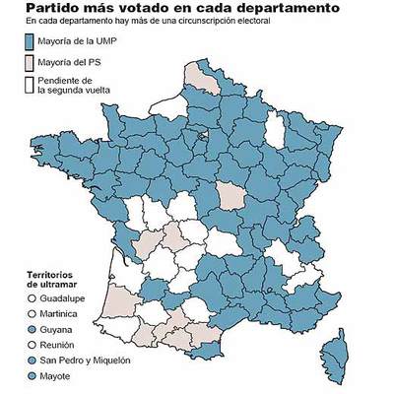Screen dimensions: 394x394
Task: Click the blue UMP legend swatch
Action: pyautogui.click(x=30, y=41)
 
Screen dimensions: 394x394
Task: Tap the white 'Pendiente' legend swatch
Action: pyautogui.click(x=30, y=84)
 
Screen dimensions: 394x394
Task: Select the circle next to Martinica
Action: pyautogui.click(x=32, y=313)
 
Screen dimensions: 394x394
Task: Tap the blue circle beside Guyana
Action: pyautogui.click(x=32, y=330)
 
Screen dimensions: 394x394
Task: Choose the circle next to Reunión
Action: pyautogui.click(x=32, y=346)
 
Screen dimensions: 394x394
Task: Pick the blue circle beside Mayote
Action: pyautogui.click(x=32, y=377)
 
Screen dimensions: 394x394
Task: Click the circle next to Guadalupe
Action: pyautogui.click(x=32, y=297)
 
